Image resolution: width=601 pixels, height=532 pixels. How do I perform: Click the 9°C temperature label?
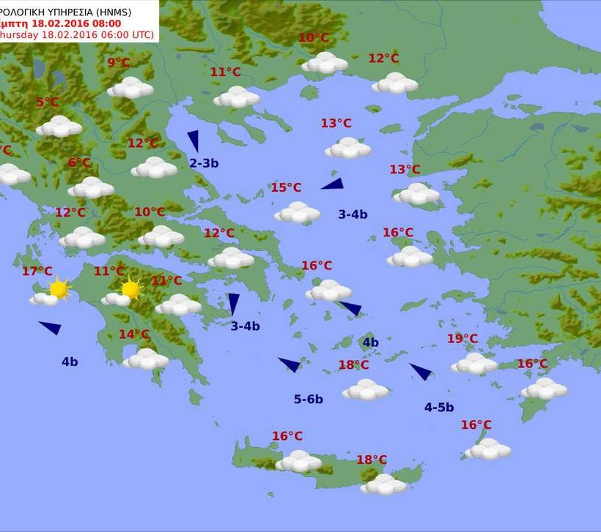click(118, 63)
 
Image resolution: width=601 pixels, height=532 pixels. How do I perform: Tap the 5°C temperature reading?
click(47, 102)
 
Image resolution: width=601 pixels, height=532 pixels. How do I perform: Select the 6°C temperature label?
click(79, 162)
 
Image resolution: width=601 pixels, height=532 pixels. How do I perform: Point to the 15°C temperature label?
click(286, 187)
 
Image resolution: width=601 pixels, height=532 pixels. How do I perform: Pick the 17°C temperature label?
click(37, 271)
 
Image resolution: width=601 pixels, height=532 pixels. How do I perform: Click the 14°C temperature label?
click(134, 334)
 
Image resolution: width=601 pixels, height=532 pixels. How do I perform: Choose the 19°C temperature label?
click(462, 339)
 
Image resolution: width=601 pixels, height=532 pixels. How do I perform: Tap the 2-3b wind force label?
click(204, 163)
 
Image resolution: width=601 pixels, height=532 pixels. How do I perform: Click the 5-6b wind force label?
click(309, 399)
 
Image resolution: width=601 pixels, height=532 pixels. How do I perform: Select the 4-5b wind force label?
click(439, 408)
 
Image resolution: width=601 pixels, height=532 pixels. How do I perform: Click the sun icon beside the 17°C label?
click(59, 289)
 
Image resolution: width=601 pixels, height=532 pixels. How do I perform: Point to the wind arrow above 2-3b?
click(193, 141)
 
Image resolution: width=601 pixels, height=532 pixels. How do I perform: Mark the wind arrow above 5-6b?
click(290, 364)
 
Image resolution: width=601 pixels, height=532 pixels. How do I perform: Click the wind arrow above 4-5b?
click(421, 371)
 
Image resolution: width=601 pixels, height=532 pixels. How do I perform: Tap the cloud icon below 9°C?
click(130, 88)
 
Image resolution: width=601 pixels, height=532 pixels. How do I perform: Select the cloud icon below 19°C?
click(474, 364)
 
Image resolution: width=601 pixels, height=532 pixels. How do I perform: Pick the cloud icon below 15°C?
click(298, 212)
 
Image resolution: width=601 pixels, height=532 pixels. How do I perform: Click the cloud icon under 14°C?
click(146, 359)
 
